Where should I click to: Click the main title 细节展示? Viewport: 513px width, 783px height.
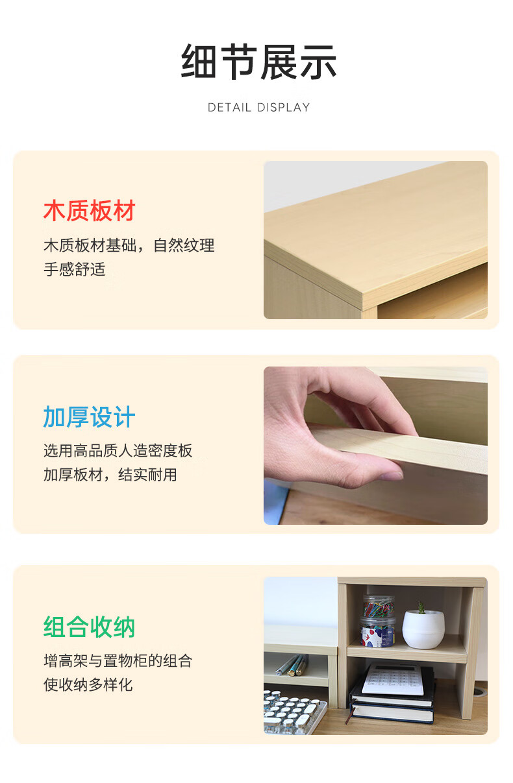(258, 62)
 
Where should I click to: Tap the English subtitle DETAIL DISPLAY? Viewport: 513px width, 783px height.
(258, 107)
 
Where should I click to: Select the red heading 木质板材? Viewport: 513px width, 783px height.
(89, 211)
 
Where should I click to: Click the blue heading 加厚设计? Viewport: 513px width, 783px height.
(89, 416)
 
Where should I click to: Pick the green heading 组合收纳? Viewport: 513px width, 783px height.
(89, 627)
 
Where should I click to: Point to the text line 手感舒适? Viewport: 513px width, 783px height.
(75, 269)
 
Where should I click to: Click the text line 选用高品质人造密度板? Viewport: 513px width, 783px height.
(118, 451)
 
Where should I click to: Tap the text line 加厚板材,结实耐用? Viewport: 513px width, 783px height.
(110, 475)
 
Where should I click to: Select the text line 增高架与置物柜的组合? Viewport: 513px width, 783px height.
(118, 660)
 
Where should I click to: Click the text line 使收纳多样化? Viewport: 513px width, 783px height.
(88, 684)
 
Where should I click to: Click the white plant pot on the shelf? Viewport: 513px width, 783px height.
(423, 629)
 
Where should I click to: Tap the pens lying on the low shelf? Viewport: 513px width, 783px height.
(292, 665)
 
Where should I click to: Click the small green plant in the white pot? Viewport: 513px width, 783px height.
(421, 608)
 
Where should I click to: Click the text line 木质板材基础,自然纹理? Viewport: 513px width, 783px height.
(129, 245)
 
